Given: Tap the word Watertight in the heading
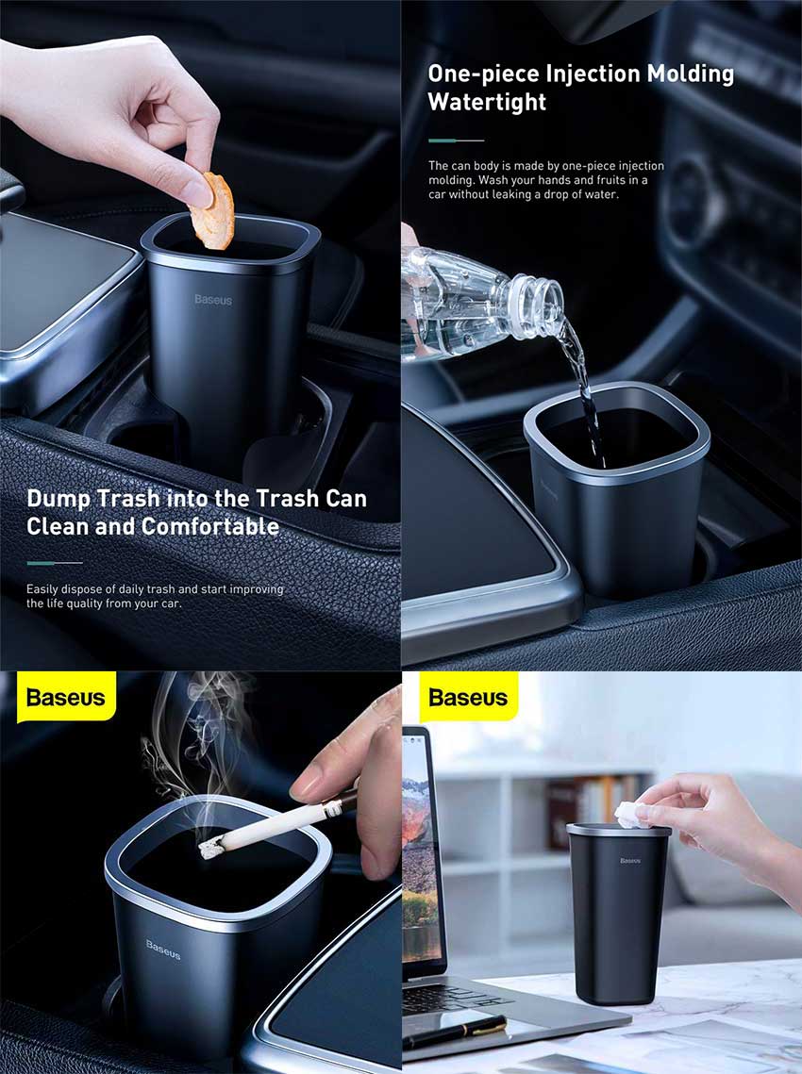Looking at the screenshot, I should click(x=487, y=103).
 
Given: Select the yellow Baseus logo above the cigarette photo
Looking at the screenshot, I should click(x=66, y=698).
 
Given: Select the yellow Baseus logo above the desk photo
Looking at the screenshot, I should click(x=468, y=698).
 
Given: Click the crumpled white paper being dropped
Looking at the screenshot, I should click(x=629, y=815).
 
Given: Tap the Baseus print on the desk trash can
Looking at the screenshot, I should click(x=630, y=860).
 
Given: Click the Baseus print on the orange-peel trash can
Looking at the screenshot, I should click(x=213, y=300).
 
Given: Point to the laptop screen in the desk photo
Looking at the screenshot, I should click(x=421, y=849).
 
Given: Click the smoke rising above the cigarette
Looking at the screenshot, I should click(x=193, y=735).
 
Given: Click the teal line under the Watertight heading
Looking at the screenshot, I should click(x=456, y=140).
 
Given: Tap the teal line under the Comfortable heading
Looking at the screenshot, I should click(x=55, y=563).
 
